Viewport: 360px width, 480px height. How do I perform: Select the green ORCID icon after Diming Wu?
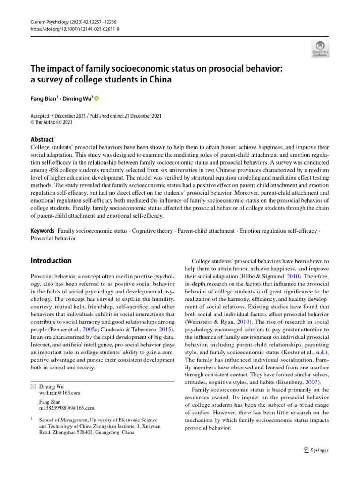click(97, 98)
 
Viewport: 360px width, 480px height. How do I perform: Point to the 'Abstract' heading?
click(42, 139)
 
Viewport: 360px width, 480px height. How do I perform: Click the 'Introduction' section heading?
click(51, 261)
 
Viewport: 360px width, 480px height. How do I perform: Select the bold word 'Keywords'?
click(42, 231)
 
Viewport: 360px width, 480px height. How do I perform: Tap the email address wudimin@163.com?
click(60, 392)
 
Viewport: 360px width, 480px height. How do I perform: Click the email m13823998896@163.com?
click(67, 408)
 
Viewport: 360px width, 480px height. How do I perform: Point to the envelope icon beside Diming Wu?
click(32, 386)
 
